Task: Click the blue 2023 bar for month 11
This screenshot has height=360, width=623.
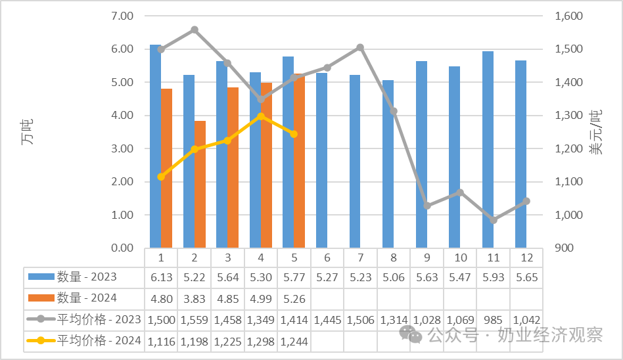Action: tap(488, 149)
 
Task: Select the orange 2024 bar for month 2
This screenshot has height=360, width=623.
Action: tap(200, 185)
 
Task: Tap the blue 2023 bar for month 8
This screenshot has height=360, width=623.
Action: tap(388, 164)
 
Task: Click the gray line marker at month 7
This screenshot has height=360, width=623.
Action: tap(360, 48)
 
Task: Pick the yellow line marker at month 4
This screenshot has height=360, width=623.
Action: tap(261, 116)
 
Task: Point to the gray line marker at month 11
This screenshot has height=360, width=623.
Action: tap(494, 219)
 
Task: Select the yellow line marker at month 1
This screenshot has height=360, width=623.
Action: tap(161, 177)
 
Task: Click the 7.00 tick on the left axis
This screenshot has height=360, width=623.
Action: tap(122, 16)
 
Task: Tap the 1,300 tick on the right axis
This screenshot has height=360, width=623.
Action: tap(569, 115)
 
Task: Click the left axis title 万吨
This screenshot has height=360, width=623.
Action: tap(27, 131)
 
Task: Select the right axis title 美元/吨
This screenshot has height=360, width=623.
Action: tap(595, 132)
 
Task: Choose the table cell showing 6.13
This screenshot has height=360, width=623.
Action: tap(161, 277)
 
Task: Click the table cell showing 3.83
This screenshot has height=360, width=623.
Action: tap(195, 298)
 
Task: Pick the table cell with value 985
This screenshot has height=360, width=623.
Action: tap(493, 320)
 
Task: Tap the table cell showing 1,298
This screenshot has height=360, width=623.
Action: tap(261, 342)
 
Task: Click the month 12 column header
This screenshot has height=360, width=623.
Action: tap(526, 258)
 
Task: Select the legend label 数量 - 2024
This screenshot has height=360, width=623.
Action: tap(87, 298)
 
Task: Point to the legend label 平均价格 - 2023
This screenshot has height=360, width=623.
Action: tap(99, 319)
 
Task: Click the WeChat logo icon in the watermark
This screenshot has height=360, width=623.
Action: tap(411, 334)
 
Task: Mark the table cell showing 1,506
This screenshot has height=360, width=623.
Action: tap(360, 320)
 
